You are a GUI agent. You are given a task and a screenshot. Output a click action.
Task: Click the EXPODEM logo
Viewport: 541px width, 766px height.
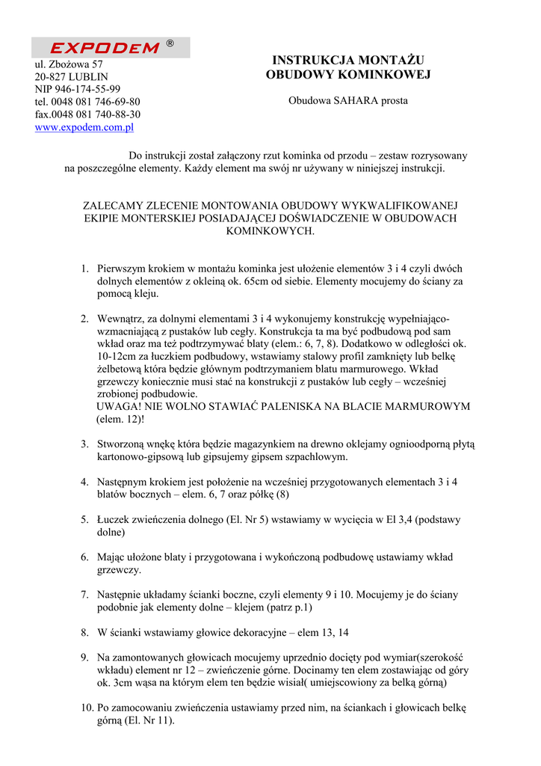tap(105, 48)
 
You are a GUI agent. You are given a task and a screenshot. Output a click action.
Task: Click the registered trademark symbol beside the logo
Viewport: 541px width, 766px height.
tap(170, 44)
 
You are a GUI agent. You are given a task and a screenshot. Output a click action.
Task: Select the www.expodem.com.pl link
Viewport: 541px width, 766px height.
tap(84, 128)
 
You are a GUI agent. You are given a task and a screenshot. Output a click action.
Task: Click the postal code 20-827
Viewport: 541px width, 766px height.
tap(50, 76)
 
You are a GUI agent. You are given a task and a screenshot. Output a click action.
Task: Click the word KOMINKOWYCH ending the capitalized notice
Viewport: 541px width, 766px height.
tap(270, 231)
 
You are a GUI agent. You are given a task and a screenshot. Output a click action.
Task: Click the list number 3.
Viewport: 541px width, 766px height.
tap(84, 444)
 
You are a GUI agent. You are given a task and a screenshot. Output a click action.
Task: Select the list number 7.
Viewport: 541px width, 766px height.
tap(84, 595)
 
